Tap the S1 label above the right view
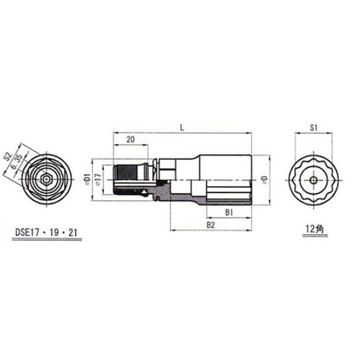coord(314,127)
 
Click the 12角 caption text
coord(314,228)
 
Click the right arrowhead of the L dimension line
coord(248,133)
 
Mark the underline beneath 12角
coord(314,235)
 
